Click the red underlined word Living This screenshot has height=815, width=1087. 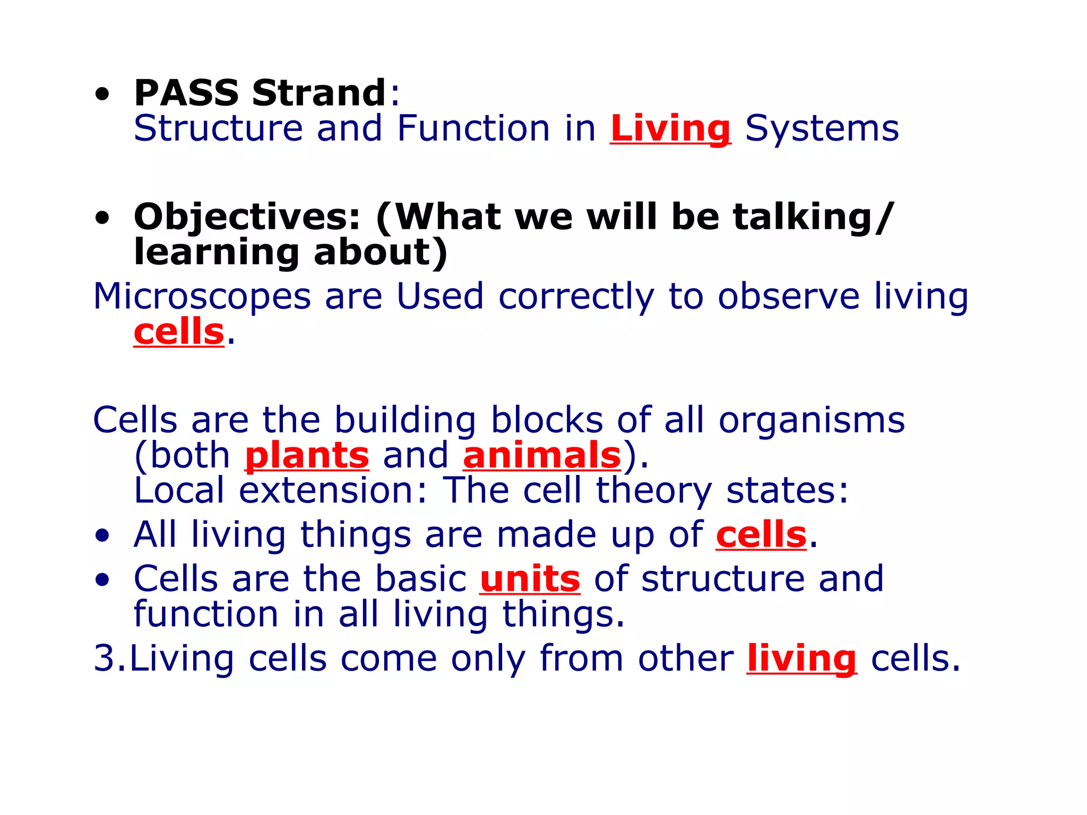point(670,129)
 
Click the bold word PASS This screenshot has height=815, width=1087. point(186,93)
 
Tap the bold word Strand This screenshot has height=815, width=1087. point(319,93)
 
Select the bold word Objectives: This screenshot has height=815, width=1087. point(247,218)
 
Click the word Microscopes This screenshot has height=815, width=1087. point(202,297)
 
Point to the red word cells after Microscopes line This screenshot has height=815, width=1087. point(179,333)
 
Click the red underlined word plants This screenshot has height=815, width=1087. point(307,456)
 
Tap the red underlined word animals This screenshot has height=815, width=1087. point(542,456)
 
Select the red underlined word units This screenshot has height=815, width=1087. point(530,579)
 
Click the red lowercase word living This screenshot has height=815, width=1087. point(801,660)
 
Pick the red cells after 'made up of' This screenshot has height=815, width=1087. point(761,535)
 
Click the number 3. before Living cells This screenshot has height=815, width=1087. point(109,659)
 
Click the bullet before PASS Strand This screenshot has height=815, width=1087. point(102,95)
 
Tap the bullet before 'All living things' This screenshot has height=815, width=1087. point(102,536)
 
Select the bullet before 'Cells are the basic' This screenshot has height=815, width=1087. point(102,580)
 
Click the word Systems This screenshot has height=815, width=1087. point(822,129)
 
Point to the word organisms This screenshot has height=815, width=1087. point(812,420)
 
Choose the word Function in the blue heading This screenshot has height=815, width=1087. point(473,129)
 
